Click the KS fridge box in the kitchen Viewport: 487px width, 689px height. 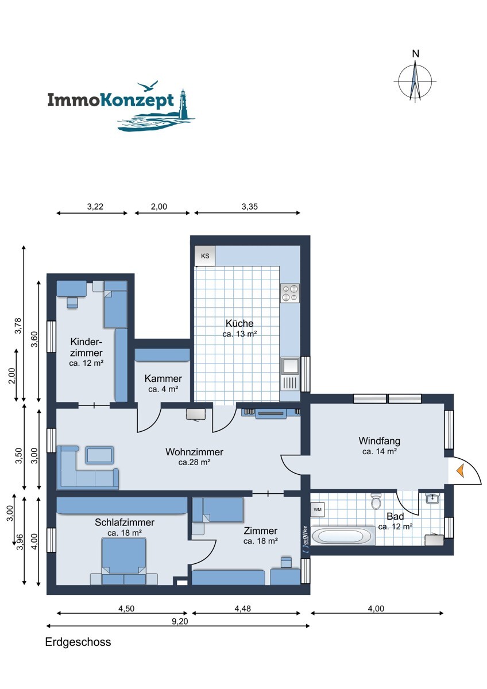(x=205, y=256)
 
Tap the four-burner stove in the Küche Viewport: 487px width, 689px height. (x=289, y=293)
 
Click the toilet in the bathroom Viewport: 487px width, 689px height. (x=376, y=501)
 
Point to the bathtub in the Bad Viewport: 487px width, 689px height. (x=343, y=536)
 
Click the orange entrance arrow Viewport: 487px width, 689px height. (x=460, y=471)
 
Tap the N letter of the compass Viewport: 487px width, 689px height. (x=415, y=54)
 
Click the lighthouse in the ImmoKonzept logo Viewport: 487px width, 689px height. (x=183, y=104)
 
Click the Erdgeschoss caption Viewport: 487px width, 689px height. (x=78, y=642)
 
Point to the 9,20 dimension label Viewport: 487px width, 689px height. (x=180, y=621)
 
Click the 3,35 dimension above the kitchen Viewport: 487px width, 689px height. (x=249, y=207)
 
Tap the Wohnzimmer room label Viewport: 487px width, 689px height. (x=194, y=452)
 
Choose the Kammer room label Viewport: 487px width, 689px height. (x=163, y=378)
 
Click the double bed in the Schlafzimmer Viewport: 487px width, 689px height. (x=123, y=561)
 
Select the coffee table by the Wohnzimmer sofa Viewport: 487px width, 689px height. (x=99, y=455)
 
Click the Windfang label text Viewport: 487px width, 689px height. (x=380, y=441)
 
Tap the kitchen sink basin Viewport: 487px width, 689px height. (x=290, y=366)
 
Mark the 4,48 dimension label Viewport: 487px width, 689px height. (x=243, y=609)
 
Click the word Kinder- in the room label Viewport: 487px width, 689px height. (x=86, y=342)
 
